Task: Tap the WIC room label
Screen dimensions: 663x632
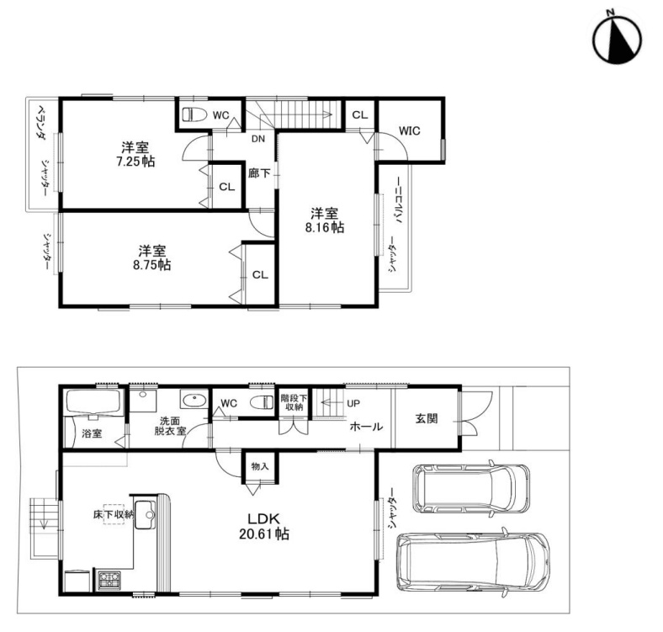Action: [410, 130]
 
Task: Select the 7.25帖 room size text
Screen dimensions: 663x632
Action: [135, 162]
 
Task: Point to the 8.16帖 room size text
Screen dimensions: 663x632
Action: [325, 227]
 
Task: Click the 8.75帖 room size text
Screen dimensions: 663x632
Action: [151, 265]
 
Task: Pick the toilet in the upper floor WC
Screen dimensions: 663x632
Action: [194, 114]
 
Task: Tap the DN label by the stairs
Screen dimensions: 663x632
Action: [258, 138]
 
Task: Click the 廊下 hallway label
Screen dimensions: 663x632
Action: [259, 173]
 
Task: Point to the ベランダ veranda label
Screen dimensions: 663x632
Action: [41, 122]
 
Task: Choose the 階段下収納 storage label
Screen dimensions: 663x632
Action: [294, 403]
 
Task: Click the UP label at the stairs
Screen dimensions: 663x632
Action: [353, 404]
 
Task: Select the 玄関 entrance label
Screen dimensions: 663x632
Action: [427, 419]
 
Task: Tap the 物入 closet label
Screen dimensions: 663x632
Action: [260, 466]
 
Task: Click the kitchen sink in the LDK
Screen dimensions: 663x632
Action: [145, 515]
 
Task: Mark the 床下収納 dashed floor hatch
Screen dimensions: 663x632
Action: [114, 514]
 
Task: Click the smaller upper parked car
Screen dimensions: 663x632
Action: [470, 489]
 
